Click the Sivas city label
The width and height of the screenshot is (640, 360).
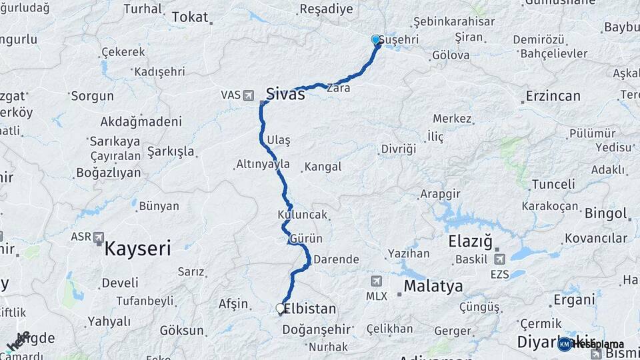pos(285,94)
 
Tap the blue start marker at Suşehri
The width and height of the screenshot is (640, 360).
pos(376,40)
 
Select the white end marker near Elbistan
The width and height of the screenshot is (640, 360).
pos(281,309)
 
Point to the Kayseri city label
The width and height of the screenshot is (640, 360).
pos(138,249)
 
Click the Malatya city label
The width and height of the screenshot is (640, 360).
pos(433,287)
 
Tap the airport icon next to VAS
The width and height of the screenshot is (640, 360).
pos(249,95)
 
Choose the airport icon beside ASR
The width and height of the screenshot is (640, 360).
pos(99,237)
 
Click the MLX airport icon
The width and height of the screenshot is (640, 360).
pos(377,282)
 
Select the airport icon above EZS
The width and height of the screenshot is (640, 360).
pos(499,259)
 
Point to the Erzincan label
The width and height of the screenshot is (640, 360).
pos(553,96)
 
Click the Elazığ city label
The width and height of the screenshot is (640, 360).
pos(471,241)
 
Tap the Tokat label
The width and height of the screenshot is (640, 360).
pos(190,17)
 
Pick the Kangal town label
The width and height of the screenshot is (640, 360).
pos(324,167)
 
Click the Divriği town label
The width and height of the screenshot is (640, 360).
pos(399,149)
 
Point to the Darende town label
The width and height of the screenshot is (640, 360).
pos(336,259)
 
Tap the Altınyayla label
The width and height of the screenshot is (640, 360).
pos(263,163)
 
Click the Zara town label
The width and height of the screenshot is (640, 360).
pos(338,87)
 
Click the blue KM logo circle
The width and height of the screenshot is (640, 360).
pos(565,344)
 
